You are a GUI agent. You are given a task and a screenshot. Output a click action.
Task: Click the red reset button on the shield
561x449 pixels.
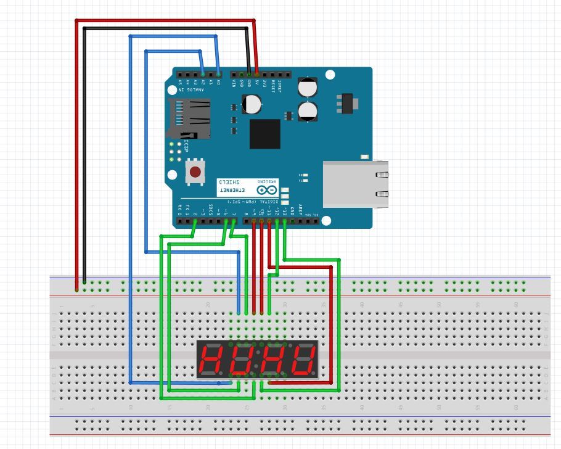coord(195,172)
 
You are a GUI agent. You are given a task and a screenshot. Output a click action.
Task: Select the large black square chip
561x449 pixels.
coord(264,134)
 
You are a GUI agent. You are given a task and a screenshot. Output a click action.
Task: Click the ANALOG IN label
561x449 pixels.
coord(191,90)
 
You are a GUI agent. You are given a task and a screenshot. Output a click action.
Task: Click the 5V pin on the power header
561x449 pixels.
coord(256,73)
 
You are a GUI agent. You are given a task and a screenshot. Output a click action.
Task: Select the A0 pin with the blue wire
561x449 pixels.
coord(218,73)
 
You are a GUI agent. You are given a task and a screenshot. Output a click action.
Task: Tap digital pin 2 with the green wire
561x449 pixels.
coord(195,220)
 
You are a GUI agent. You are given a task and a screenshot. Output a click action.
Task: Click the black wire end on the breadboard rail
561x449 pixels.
coord(84,282)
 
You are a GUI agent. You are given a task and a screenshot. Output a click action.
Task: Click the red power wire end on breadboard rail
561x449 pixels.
coord(77,289)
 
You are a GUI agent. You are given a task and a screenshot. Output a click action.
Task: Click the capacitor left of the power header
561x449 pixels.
coord(251,104)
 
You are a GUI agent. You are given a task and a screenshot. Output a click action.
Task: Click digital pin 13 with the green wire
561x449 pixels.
coord(284,220)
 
